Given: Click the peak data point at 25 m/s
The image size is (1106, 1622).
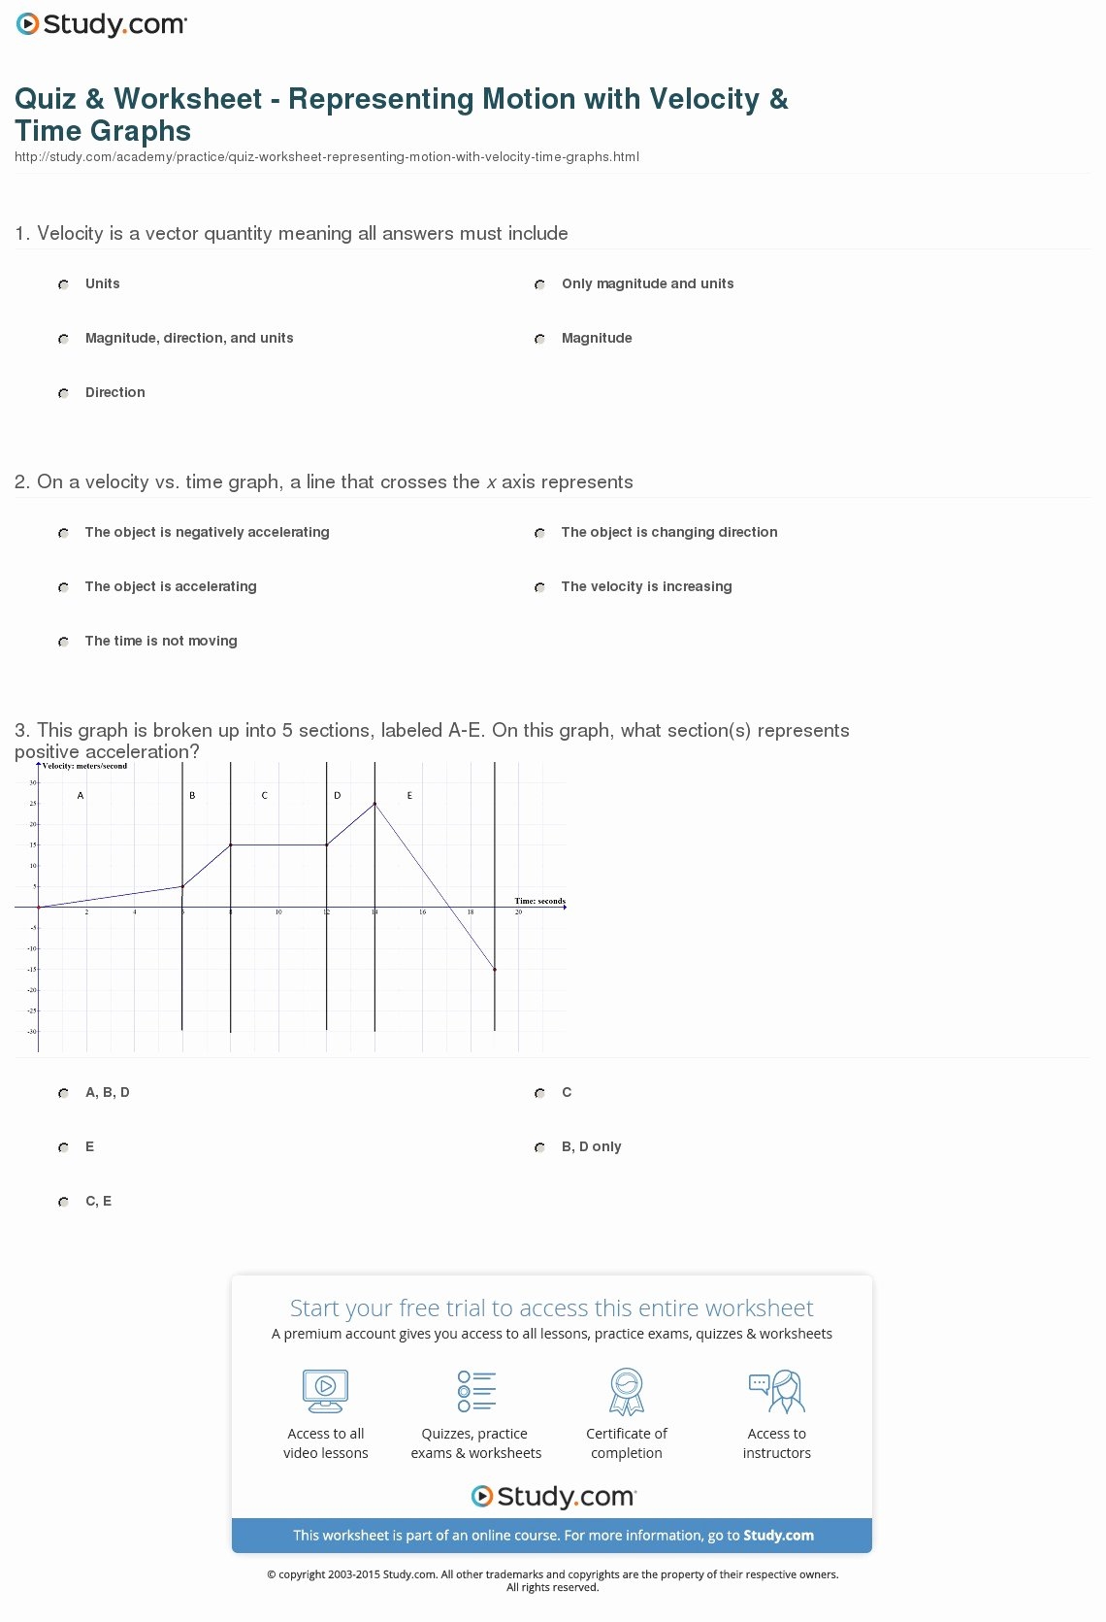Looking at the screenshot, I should click(374, 804).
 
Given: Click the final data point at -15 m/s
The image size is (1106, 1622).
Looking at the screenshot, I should click(495, 969).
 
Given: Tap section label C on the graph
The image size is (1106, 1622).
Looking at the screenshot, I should click(265, 796).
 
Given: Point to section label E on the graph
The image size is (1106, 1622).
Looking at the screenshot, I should click(409, 796).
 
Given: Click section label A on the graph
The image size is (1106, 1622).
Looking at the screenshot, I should click(81, 796).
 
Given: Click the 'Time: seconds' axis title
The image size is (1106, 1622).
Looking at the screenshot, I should click(539, 901).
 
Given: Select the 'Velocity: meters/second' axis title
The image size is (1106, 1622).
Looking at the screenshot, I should click(85, 766).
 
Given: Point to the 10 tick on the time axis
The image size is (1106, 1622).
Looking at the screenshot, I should click(278, 912).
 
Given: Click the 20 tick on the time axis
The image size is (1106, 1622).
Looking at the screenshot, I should click(519, 912).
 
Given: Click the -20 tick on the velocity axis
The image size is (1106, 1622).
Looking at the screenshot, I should click(32, 990).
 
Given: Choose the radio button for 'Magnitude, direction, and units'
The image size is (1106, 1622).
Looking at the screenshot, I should click(63, 339).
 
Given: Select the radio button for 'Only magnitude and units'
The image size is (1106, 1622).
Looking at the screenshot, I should click(539, 284).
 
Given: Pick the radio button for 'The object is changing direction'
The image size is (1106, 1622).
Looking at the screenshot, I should click(539, 533).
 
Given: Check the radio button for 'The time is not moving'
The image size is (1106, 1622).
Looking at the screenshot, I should click(63, 642).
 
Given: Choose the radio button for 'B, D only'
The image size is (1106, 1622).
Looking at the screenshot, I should click(539, 1147).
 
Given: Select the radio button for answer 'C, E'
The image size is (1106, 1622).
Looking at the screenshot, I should click(63, 1202).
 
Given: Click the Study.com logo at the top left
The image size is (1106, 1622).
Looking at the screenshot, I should click(102, 24).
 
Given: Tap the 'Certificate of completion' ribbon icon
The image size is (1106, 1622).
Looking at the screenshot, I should click(627, 1391).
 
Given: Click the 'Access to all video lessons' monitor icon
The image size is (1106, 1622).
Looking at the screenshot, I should click(325, 1391).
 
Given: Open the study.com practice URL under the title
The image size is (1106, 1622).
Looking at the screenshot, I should click(327, 157).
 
